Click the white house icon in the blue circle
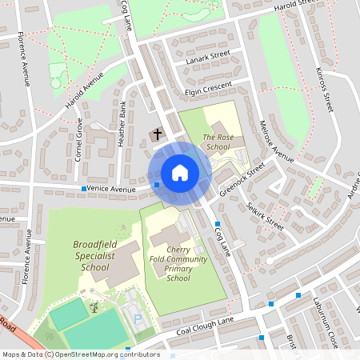coord(180,172)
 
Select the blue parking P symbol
coord(138,320)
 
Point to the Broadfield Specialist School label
coord(95,255)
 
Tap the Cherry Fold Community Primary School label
coord(178,263)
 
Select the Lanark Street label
coord(208,57)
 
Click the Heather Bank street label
coord(122,126)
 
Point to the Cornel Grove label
coord(78,140)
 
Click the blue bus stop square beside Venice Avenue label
coord(84,189)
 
